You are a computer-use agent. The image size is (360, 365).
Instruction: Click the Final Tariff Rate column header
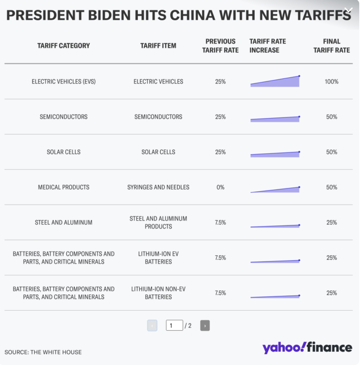click(x=331, y=46)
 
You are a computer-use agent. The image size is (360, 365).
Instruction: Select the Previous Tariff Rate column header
click(x=220, y=46)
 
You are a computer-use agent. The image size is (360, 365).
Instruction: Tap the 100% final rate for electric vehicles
click(x=331, y=82)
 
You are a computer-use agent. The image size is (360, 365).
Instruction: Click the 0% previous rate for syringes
click(x=220, y=187)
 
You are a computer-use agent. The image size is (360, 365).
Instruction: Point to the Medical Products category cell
click(x=64, y=187)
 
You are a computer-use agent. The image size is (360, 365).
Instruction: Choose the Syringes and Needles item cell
click(x=158, y=187)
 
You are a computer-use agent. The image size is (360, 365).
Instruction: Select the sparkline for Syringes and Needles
click(x=275, y=189)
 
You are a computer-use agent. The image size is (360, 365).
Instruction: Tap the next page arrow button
click(x=205, y=326)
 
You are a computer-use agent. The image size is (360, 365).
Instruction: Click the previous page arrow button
click(x=152, y=326)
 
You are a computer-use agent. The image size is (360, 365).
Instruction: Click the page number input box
click(x=174, y=326)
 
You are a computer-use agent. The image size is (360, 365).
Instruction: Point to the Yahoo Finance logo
click(x=307, y=348)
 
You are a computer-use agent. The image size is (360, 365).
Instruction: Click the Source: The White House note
click(x=43, y=352)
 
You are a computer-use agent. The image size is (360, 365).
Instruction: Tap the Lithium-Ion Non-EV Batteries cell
click(x=158, y=293)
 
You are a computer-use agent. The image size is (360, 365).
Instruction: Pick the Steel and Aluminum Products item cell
click(x=158, y=223)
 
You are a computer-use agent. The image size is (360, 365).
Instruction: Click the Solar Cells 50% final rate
click(x=331, y=152)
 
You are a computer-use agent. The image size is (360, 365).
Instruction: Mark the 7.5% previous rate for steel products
click(x=220, y=223)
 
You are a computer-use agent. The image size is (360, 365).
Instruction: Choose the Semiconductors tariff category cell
click(x=64, y=117)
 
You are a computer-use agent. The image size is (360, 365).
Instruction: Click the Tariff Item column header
click(x=158, y=46)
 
